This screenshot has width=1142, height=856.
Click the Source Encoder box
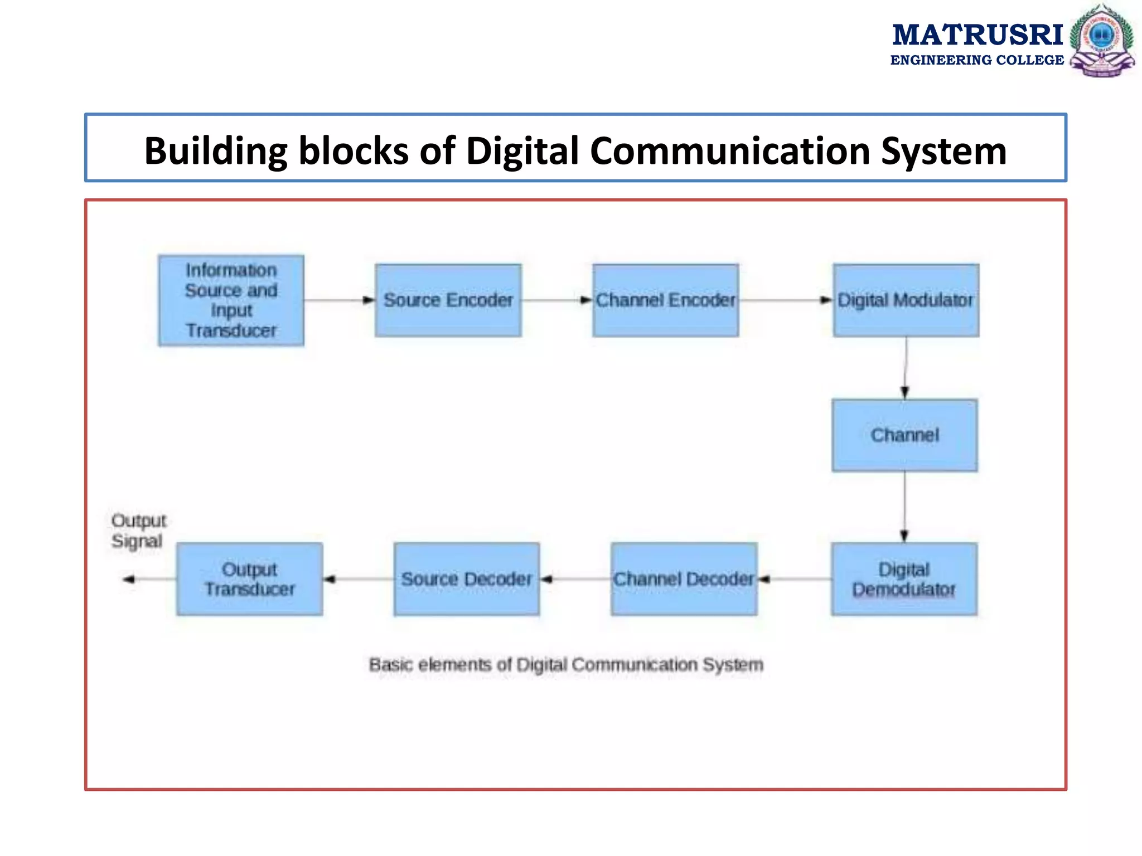point(448,300)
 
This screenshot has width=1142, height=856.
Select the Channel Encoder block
point(665,300)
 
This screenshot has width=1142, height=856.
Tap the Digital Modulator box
point(906,300)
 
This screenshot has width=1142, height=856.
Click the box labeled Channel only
point(904,435)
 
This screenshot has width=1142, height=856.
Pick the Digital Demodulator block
point(904,579)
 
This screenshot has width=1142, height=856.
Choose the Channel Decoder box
point(684,579)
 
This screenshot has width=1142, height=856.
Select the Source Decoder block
point(466,579)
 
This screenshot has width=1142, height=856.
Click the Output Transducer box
point(249,579)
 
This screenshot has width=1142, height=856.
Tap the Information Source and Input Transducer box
point(231,300)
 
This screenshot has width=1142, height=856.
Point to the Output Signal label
point(138,531)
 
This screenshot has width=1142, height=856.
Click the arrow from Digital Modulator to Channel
point(905,368)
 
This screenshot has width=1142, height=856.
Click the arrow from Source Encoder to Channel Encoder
point(557,300)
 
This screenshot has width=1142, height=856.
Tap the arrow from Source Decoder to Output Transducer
point(358,579)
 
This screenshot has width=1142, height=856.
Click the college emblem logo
point(1102,40)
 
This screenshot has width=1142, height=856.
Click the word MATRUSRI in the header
point(978,35)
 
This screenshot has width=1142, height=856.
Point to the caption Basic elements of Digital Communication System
point(566,664)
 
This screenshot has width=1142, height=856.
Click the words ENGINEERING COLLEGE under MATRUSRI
point(977,60)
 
